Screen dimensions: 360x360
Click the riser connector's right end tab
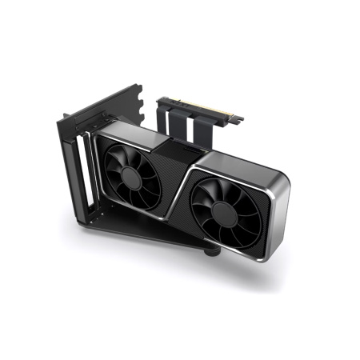pyautogui.click(x=238, y=118)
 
